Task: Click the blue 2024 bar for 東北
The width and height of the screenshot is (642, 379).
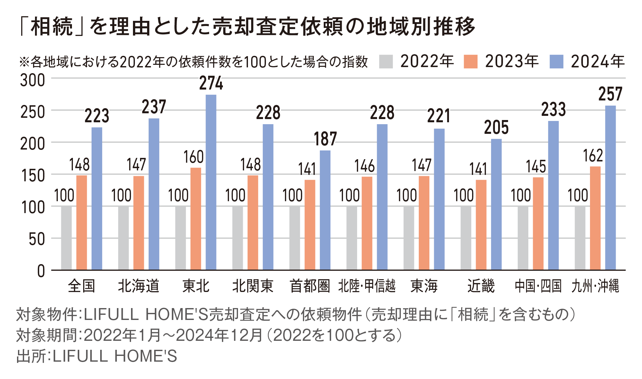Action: (211, 182)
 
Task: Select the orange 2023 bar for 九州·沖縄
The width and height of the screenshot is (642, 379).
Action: (595, 218)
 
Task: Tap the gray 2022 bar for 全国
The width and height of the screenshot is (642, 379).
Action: (66, 238)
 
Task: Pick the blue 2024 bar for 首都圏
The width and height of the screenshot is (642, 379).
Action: (325, 210)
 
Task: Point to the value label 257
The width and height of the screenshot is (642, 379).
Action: (610, 94)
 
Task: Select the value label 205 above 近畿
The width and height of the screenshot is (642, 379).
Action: (496, 127)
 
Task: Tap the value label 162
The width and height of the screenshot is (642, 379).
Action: (593, 156)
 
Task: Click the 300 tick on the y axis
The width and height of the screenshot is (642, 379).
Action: (32, 80)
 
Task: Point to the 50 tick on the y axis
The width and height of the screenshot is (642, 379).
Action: (37, 239)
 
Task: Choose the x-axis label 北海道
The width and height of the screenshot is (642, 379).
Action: (138, 286)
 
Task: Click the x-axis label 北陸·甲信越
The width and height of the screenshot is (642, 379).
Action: (367, 286)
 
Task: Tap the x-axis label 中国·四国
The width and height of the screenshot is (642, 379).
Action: (538, 286)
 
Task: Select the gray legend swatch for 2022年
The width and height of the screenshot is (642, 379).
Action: (386, 62)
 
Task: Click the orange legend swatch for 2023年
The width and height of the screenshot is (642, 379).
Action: (471, 62)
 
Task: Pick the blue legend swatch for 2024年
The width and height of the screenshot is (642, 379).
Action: (556, 62)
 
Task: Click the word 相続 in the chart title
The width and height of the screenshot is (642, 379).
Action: (52, 27)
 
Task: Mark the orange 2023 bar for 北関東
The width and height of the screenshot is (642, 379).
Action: (253, 223)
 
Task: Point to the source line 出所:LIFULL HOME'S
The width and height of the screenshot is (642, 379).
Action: (97, 356)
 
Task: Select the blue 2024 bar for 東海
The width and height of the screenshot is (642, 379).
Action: (439, 199)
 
